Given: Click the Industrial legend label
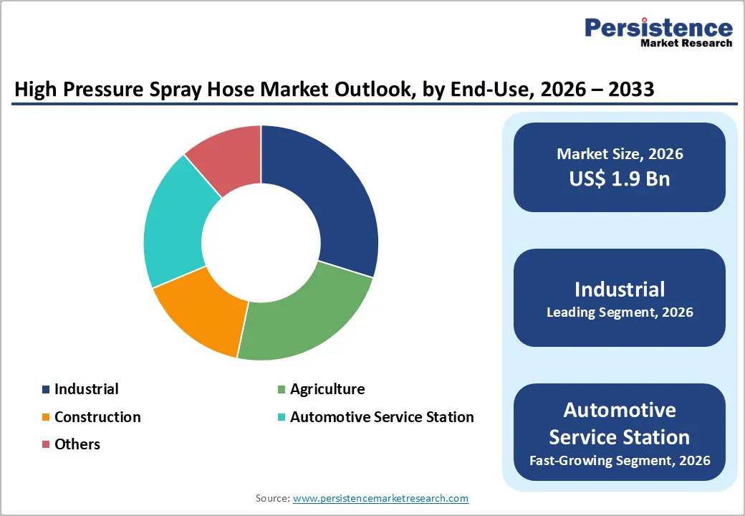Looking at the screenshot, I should point(86,389).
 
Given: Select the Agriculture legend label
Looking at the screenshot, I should point(327,389).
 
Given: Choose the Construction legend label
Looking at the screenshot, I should point(97,417).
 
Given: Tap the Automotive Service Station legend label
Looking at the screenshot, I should point(382,417).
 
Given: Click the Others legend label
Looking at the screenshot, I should point(77,444).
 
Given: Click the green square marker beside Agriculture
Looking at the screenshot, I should point(282,390).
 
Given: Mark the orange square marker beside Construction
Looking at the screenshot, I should point(47,418).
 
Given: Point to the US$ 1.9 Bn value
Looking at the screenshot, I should point(620,178).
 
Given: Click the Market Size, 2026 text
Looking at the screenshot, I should point(620,154).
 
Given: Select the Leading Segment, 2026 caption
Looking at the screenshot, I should point(620,312).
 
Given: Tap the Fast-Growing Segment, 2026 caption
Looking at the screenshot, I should point(620,460).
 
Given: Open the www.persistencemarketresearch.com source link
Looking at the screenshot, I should point(380,498).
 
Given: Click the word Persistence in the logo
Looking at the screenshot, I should point(658,28).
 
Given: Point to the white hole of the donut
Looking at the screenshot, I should point(261,242).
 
